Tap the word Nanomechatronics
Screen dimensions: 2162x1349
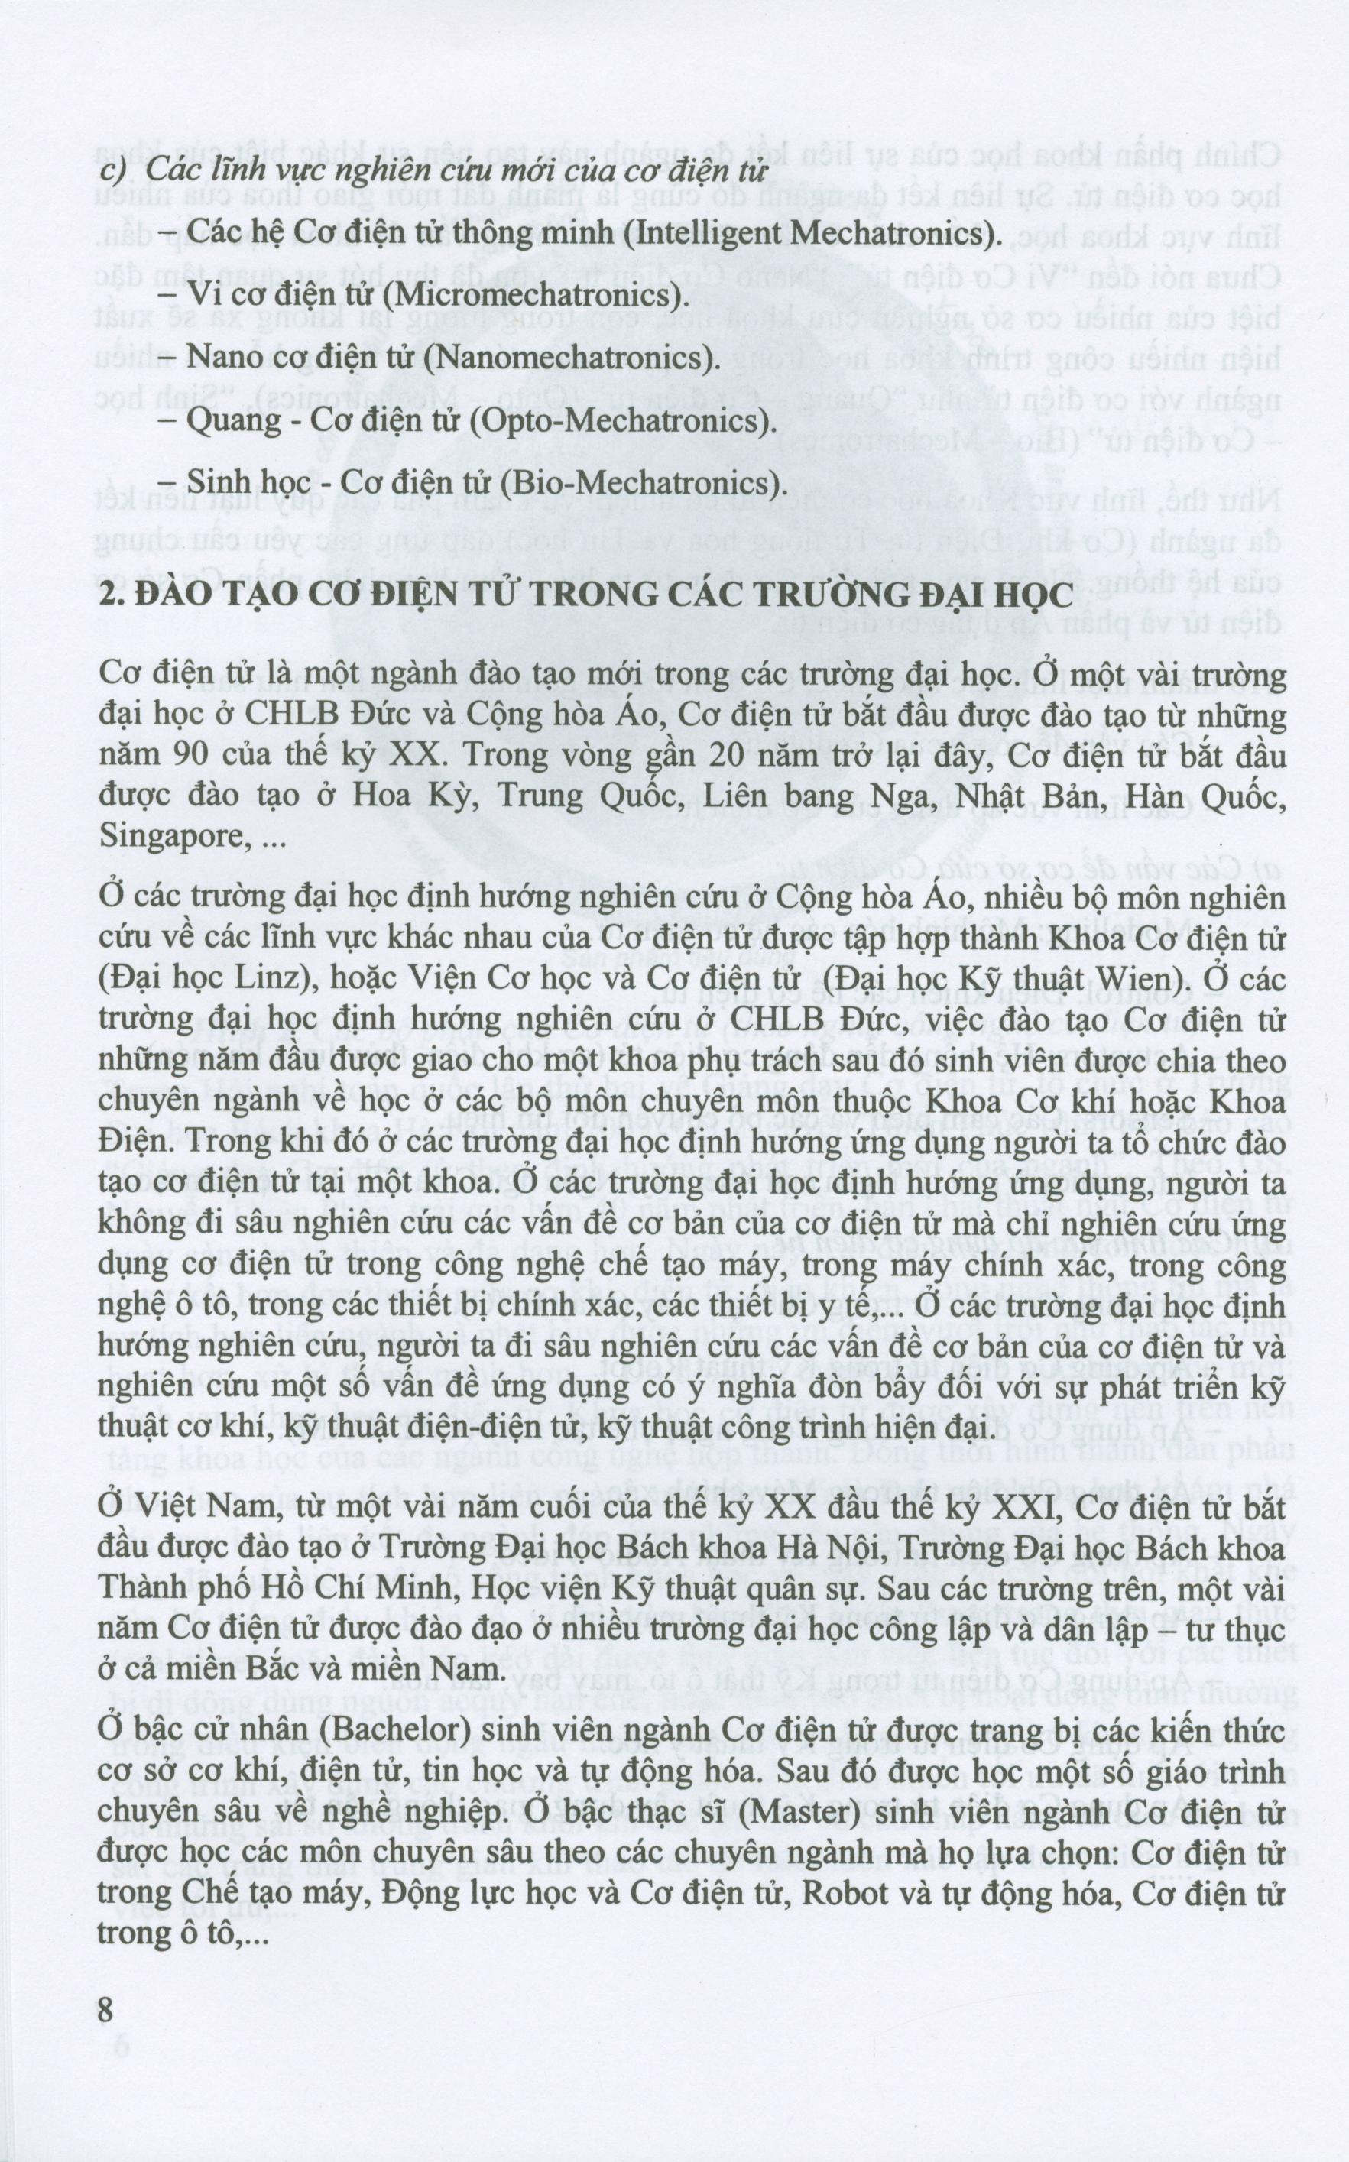[x=571, y=358]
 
